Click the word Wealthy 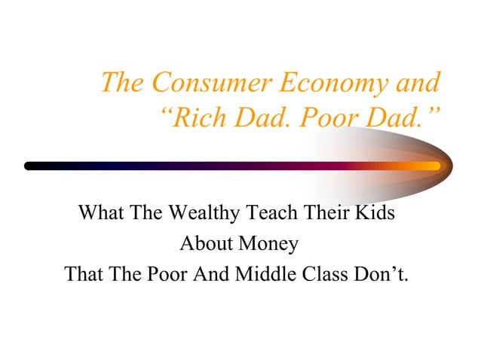click(x=198, y=212)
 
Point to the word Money click(x=268, y=244)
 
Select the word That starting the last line click(x=87, y=275)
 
